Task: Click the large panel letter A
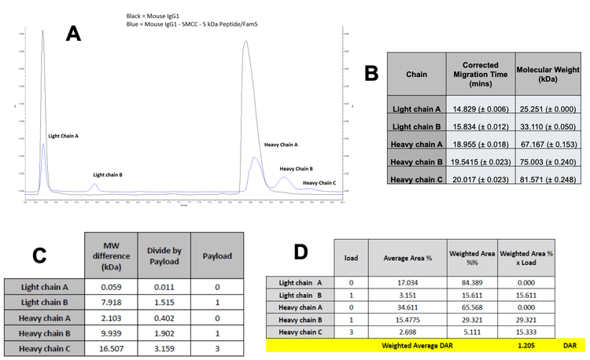pos(73,33)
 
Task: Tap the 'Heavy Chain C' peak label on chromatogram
pos(318,182)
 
